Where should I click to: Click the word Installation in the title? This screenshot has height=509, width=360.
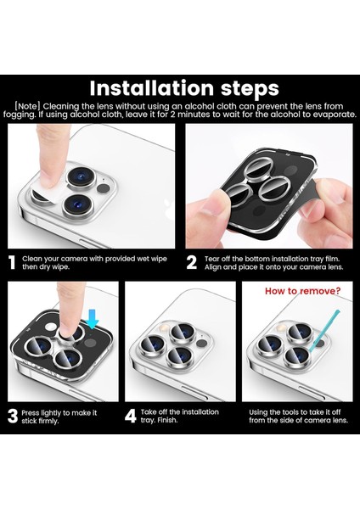point(152,88)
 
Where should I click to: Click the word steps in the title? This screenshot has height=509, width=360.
point(250,88)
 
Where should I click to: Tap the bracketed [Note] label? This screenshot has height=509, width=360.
point(28,106)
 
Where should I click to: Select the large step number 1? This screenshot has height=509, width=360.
point(13,263)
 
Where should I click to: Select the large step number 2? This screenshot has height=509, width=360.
point(192,263)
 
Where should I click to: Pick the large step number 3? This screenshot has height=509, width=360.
point(13,417)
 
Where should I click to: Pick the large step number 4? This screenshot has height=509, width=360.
point(131,416)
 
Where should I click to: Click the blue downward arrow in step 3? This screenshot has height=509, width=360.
point(93,319)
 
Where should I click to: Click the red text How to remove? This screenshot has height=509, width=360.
point(303,291)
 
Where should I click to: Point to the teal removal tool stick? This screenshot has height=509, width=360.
point(323,331)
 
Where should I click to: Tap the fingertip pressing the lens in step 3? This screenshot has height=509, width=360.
point(67,328)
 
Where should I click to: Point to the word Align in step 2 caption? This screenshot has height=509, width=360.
point(213,267)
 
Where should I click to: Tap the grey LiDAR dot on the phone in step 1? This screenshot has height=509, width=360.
point(104,188)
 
